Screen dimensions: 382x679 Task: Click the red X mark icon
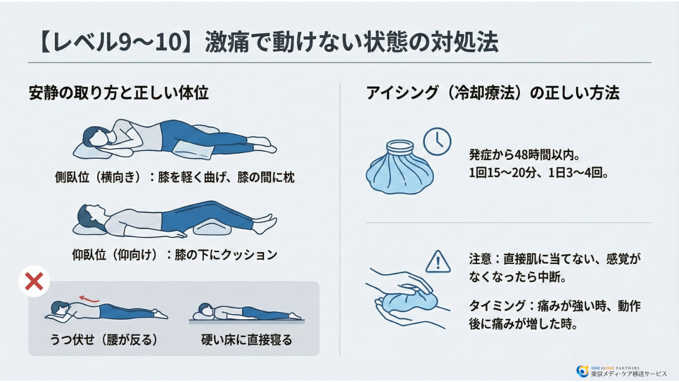[x=34, y=282]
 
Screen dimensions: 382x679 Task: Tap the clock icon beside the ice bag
[x=437, y=142]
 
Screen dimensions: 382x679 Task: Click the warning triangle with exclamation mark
[x=438, y=262]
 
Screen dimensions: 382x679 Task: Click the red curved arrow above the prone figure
[x=89, y=298]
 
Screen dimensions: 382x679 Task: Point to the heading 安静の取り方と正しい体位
[x=118, y=94]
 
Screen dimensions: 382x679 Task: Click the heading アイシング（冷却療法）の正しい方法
[x=493, y=94]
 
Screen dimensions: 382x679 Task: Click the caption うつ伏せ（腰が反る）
[x=104, y=340]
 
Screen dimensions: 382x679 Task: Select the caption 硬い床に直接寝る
[x=247, y=340]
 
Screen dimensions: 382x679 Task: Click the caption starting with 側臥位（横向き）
[x=174, y=178]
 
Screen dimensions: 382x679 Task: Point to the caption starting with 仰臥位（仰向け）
[x=174, y=255]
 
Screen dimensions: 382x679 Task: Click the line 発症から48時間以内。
[x=524, y=155]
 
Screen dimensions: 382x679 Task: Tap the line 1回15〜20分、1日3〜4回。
[x=539, y=174]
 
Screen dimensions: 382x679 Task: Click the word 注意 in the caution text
[x=480, y=259]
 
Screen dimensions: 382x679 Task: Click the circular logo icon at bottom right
[x=582, y=371]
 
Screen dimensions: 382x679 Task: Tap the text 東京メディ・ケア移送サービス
[x=629, y=374]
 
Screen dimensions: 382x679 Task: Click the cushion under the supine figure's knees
[x=211, y=228]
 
